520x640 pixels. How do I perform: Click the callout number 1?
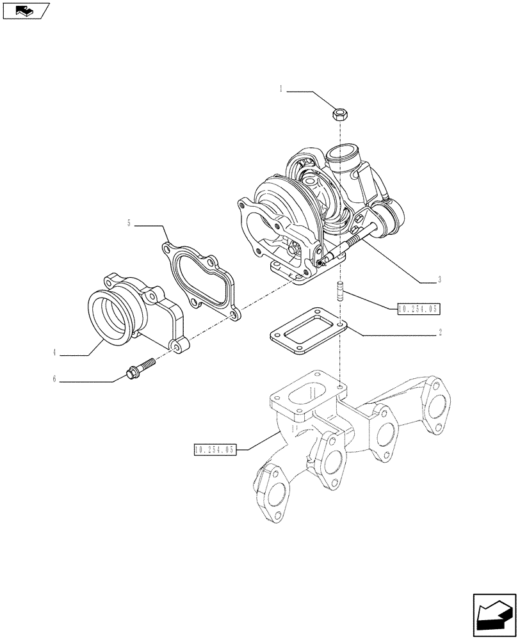click(x=280, y=90)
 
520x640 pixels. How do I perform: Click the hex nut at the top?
click(x=339, y=115)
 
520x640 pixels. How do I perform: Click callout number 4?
click(x=55, y=352)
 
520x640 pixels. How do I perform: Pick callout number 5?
click(x=129, y=223)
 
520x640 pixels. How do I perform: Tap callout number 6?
click(x=55, y=379)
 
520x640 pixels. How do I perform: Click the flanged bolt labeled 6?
click(x=142, y=368)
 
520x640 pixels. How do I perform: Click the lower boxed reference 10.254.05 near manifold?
click(x=215, y=450)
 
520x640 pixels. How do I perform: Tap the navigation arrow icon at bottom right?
click(x=494, y=614)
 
